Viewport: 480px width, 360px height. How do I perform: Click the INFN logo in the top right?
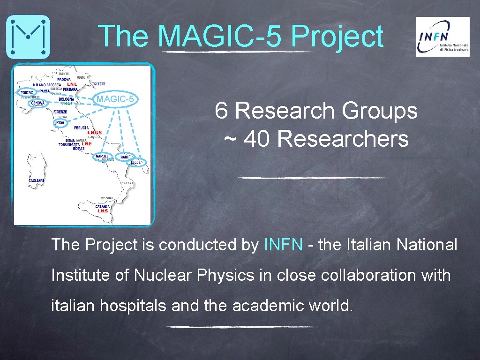point(442,37)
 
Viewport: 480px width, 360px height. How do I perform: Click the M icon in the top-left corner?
point(28,37)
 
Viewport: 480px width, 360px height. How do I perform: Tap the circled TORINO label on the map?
point(27,93)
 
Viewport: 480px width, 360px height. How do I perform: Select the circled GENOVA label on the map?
point(37,103)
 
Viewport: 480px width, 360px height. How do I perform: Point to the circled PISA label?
point(60,122)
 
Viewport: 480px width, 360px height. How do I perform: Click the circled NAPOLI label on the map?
point(102,156)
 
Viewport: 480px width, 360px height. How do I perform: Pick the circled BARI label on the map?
point(124,157)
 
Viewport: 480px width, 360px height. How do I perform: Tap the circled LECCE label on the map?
point(136,162)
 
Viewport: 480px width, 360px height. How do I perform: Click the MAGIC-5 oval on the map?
point(115,99)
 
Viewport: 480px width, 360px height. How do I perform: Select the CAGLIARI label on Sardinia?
point(37,180)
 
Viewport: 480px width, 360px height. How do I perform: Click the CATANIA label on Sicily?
point(103,206)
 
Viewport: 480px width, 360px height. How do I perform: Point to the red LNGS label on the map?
point(94,133)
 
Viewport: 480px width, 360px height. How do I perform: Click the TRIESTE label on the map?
point(99,84)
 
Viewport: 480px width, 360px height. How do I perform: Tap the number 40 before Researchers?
point(257,139)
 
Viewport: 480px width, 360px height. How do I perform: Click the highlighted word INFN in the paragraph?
point(284,244)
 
